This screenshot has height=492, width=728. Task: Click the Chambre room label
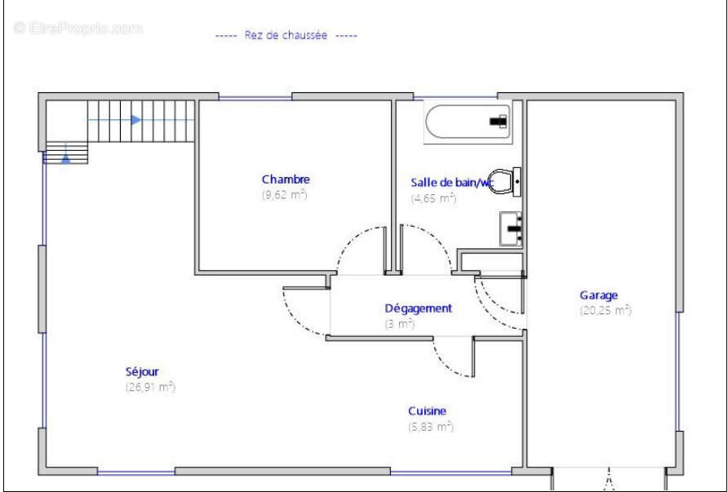click(286, 180)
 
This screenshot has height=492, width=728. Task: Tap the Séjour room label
click(142, 371)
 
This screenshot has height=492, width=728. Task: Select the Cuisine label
click(427, 410)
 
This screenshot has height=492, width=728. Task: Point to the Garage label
click(598, 295)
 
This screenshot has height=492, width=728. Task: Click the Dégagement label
click(419, 308)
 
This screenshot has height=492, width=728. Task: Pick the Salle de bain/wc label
click(451, 183)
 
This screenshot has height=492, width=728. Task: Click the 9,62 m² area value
click(285, 194)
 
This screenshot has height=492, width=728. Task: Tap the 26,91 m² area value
click(150, 387)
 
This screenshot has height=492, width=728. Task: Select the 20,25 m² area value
click(606, 311)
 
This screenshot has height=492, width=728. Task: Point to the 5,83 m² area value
click(431, 426)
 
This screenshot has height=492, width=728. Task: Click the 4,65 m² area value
click(433, 198)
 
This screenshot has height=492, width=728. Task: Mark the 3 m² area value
click(400, 324)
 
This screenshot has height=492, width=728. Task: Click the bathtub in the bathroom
click(468, 122)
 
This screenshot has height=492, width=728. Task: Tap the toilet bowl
click(504, 182)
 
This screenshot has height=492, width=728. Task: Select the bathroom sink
click(511, 228)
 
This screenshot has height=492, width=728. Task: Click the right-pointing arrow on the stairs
click(136, 120)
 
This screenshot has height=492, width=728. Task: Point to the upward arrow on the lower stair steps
click(66, 157)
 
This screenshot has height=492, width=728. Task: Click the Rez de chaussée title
click(286, 35)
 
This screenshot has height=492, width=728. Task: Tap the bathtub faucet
click(499, 121)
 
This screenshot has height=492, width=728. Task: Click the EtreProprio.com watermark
click(78, 29)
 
